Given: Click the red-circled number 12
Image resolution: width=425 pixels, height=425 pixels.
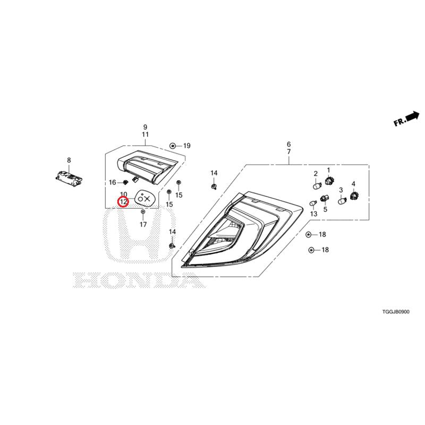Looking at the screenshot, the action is (x=123, y=202).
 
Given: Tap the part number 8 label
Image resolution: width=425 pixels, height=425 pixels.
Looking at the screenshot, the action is (x=69, y=160).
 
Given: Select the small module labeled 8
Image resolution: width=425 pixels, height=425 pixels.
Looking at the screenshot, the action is (x=69, y=178).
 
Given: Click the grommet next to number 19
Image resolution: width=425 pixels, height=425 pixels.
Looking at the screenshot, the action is (x=172, y=146).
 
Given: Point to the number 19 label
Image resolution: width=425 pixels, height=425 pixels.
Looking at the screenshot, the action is (x=187, y=146).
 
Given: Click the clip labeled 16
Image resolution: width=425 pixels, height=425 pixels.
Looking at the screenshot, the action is (x=125, y=182).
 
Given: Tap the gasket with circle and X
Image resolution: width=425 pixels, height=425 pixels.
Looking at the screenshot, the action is (x=146, y=199).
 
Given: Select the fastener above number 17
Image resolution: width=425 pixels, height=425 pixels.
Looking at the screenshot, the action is (x=143, y=211).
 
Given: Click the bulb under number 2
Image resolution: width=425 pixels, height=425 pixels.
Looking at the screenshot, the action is (x=317, y=186).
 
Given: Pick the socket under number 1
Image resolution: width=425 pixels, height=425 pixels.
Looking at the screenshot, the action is (x=329, y=180).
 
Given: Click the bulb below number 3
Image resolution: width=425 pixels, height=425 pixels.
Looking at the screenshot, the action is (x=342, y=201).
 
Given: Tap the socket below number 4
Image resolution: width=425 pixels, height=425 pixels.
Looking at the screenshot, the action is (x=354, y=195).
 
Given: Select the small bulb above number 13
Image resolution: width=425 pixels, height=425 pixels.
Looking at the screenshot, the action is (x=313, y=203).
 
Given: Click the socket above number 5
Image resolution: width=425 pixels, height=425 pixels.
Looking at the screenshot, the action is (x=324, y=198).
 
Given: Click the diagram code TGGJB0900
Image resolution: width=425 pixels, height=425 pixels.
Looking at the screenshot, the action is (x=396, y=312).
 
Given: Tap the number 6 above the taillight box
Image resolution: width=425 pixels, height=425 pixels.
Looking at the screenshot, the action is (x=288, y=144).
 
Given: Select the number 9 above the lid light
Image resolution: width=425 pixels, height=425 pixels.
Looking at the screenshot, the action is (x=145, y=127).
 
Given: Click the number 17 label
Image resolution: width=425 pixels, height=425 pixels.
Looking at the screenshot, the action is (x=143, y=224).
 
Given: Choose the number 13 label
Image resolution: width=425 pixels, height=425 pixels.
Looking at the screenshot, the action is (x=313, y=214).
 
